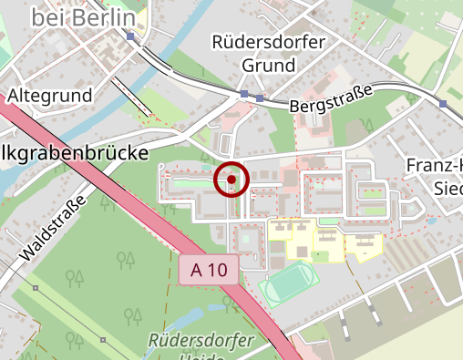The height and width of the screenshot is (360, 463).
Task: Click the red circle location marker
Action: pos(231,180)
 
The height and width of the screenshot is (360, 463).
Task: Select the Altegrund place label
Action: pos(50,95)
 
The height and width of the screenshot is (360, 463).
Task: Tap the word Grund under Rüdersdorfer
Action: pos(269,66)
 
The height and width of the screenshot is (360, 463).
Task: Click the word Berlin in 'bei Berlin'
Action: pos(104,16)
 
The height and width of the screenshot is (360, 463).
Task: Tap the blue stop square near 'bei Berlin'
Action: pos(132,36)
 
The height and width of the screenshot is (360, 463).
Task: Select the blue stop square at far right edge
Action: pos(443,104)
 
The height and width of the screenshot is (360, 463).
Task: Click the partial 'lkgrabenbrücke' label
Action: pos(73,153)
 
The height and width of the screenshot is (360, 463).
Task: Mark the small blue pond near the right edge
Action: pos(431,221)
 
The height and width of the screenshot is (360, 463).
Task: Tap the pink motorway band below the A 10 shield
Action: pos(264,314)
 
